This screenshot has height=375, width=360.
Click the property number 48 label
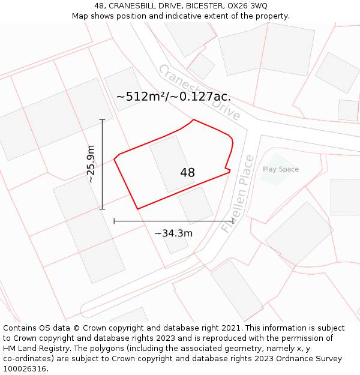187,173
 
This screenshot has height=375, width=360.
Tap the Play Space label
280,169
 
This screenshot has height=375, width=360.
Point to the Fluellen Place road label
238,194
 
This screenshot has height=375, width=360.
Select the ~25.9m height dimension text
91,164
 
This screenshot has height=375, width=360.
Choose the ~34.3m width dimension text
173,233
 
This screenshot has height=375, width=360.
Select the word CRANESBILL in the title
133,6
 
